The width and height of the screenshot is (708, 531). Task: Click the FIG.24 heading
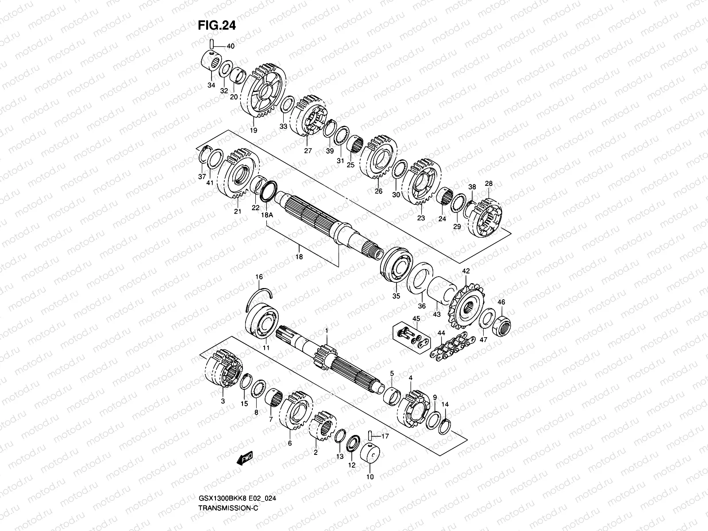(x=217, y=26)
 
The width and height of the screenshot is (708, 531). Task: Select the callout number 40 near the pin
(x=231, y=46)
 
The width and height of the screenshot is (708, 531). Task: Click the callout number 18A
(x=267, y=214)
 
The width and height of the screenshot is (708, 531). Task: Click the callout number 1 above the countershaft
(x=327, y=331)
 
